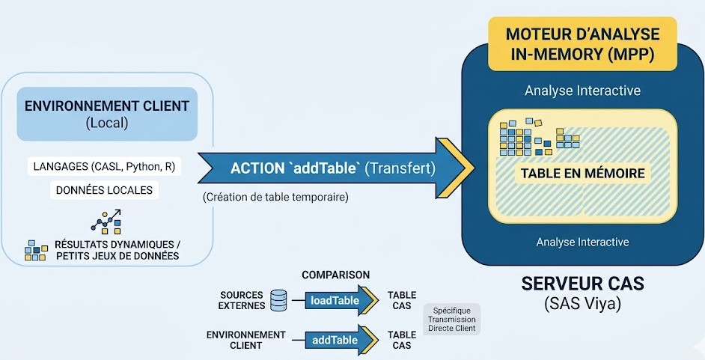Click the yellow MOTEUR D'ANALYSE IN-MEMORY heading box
(x=582, y=43)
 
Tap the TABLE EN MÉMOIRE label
(x=583, y=173)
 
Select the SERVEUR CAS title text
(x=583, y=284)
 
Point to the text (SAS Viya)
(x=583, y=305)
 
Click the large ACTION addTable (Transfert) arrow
(x=336, y=168)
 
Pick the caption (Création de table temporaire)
(x=275, y=197)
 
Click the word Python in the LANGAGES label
(x=141, y=167)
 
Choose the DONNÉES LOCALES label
(x=104, y=190)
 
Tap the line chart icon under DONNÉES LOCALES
(x=106, y=222)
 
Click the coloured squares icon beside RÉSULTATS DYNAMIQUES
(x=36, y=250)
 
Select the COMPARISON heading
(x=335, y=275)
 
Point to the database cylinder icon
(x=278, y=300)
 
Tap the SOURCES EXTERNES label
(x=242, y=300)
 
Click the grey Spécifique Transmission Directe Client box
(x=452, y=319)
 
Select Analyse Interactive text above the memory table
(x=582, y=91)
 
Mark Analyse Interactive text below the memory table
(x=582, y=242)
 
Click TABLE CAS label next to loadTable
(x=401, y=300)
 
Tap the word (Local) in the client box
(x=106, y=123)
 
